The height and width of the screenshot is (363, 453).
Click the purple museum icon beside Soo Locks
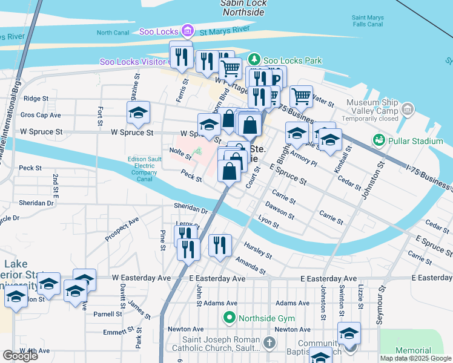click(x=187, y=31)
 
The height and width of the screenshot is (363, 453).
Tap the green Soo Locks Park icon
click(x=255, y=60)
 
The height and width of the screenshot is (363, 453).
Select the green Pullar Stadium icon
click(x=380, y=140)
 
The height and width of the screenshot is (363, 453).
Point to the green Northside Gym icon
click(x=229, y=317)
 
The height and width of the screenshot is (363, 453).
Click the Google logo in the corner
click(x=20, y=356)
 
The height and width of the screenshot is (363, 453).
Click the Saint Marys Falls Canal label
click(x=368, y=21)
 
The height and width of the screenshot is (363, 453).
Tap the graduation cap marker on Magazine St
click(x=138, y=113)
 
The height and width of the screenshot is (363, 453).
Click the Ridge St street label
click(x=36, y=98)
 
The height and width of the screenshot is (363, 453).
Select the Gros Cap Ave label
click(x=41, y=114)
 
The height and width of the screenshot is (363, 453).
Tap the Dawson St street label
click(x=279, y=211)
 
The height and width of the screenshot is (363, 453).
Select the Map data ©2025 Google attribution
click(x=415, y=358)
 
